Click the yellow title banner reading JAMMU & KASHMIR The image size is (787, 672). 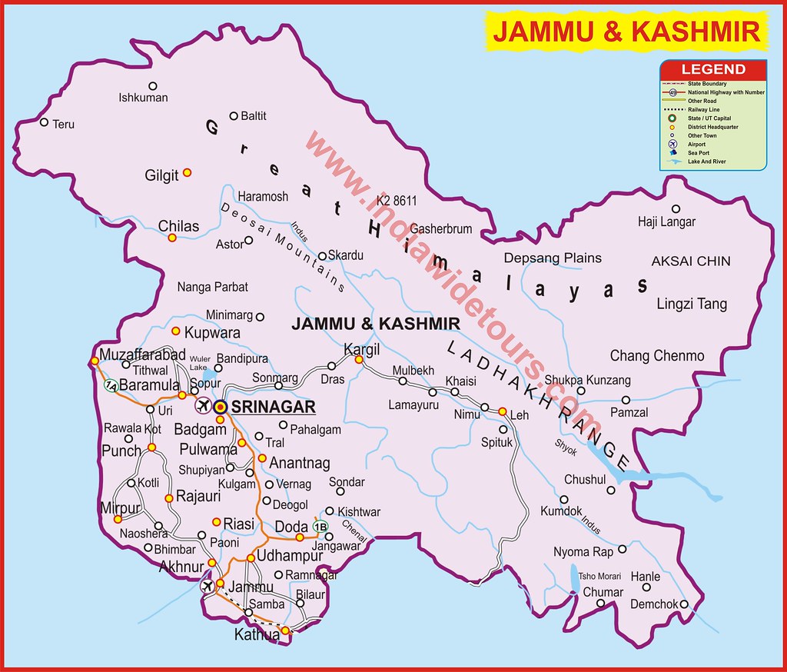tap(626, 32)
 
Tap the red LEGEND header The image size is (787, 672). tap(712, 69)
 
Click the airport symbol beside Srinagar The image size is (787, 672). tap(204, 406)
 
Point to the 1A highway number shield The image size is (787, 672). tap(111, 385)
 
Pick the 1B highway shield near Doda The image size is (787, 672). tap(321, 527)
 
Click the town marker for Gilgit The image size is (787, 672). tap(187, 173)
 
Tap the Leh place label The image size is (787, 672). tap(520, 416)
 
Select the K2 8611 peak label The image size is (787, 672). tap(397, 201)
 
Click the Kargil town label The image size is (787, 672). tap(362, 348)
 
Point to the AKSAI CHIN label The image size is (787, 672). tap(691, 261)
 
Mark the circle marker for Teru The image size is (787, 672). tap(44, 122)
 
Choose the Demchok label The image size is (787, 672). tap(654, 604)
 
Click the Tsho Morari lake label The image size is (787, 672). tap(599, 577)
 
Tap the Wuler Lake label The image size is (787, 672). tap(198, 363)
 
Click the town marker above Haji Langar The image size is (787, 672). tap(676, 208)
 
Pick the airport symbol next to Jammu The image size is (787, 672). tap(206, 587)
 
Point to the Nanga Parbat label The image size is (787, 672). tap(213, 287)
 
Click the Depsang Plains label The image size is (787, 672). tap(553, 258)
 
